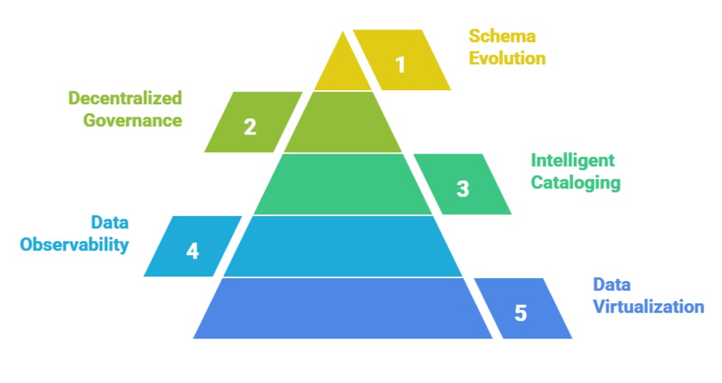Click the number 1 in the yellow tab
click(x=401, y=65)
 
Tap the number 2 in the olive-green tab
click(x=250, y=126)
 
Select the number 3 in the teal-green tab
click(x=463, y=189)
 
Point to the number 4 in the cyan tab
click(x=192, y=251)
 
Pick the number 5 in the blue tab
click(x=521, y=313)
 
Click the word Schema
click(x=502, y=36)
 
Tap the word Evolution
click(x=508, y=58)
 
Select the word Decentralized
click(x=125, y=98)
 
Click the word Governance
click(x=132, y=120)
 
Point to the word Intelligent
click(x=573, y=160)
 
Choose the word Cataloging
click(x=576, y=182)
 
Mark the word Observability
click(x=75, y=244)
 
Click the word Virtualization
click(x=649, y=306)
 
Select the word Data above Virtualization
click(x=612, y=285)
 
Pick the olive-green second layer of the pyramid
click(x=343, y=122)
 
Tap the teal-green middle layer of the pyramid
click(x=343, y=184)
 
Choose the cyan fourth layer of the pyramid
click(x=343, y=246)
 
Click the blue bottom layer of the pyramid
click(x=343, y=308)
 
